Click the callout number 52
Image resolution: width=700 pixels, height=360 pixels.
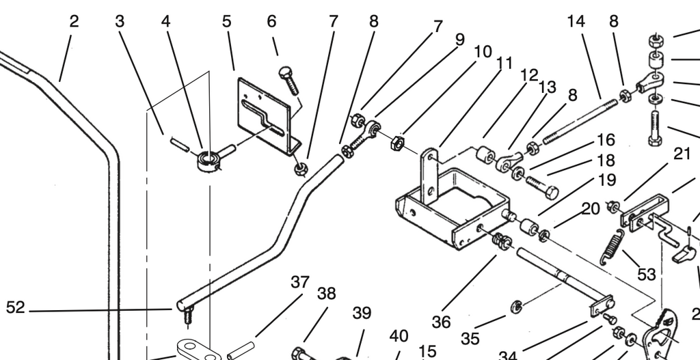[15, 307]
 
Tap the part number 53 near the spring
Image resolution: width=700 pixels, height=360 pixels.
[646, 275]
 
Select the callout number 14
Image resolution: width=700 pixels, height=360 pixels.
[576, 21]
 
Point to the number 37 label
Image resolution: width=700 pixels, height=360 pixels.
[300, 282]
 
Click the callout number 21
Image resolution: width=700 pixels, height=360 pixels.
[682, 154]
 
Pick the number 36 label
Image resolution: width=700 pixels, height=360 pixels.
[441, 322]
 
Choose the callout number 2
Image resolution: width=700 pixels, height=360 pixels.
[74, 21]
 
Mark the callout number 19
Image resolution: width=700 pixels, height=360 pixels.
[606, 180]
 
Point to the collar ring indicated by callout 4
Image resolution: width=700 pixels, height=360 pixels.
[208, 161]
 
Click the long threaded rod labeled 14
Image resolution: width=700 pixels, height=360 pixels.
[580, 122]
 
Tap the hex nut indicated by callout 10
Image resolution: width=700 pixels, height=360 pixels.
[398, 143]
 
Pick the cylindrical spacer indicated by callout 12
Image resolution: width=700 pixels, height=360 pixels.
[485, 154]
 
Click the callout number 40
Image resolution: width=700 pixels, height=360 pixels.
[399, 336]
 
